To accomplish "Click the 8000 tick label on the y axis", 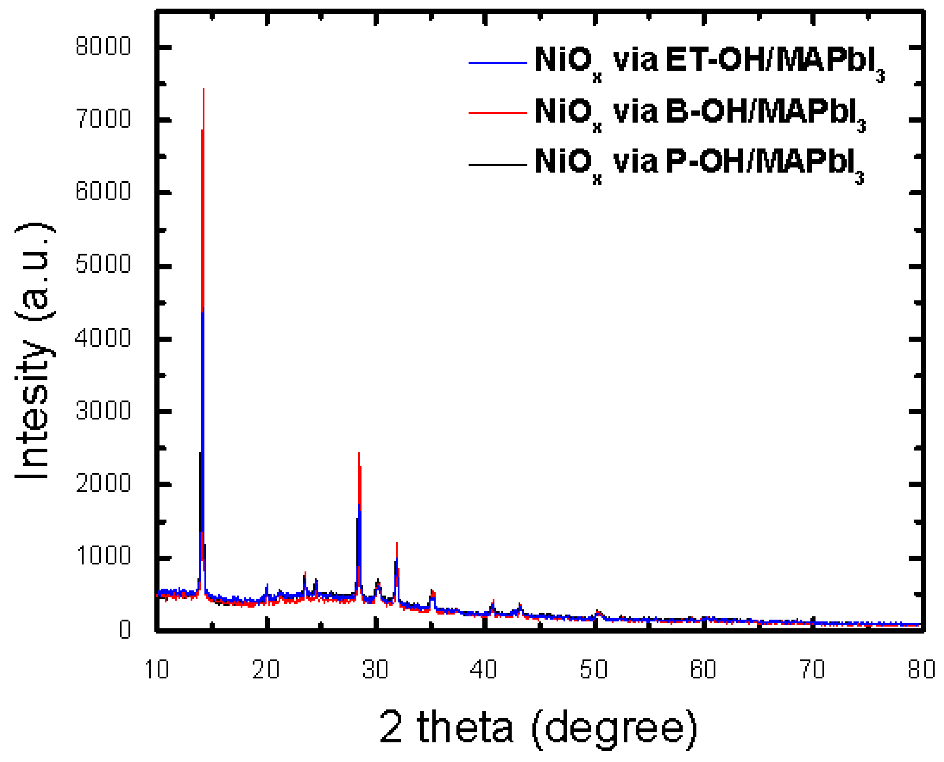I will pyautogui.click(x=103, y=46).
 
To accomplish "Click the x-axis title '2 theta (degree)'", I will pyautogui.click(x=538, y=728).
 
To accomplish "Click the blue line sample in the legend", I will pyautogui.click(x=498, y=63).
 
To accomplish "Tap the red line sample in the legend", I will pyautogui.click(x=498, y=113).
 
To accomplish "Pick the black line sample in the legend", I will pyautogui.click(x=498, y=165).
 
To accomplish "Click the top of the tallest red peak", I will pyautogui.click(x=203, y=89).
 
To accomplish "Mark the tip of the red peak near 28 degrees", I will pyautogui.click(x=359, y=453).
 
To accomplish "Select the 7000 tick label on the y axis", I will pyautogui.click(x=103, y=119).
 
